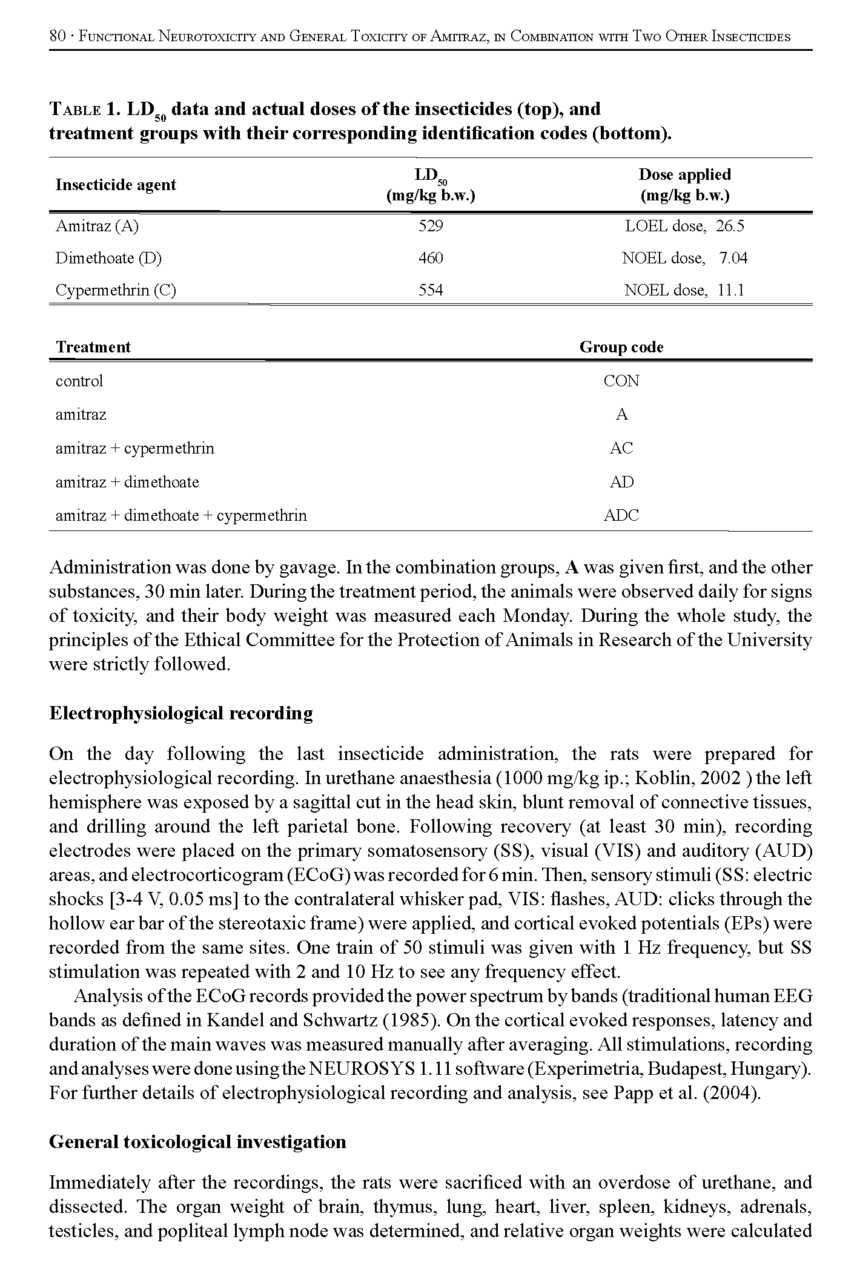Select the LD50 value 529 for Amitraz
tap(431, 226)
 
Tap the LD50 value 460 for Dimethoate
tap(431, 259)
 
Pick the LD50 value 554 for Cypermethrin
tap(431, 291)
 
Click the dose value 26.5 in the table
tap(729, 226)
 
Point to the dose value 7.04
tap(733, 259)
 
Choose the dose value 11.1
tap(730, 291)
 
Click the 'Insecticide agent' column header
tap(116, 185)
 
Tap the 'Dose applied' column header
tap(684, 175)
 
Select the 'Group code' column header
tap(621, 347)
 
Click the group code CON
tap(621, 381)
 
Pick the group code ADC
tap(621, 516)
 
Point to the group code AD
tap(621, 482)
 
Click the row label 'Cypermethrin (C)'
tap(116, 291)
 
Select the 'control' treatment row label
tap(79, 381)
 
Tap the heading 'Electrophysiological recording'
tap(181, 713)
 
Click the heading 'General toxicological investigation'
tap(197, 1142)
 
